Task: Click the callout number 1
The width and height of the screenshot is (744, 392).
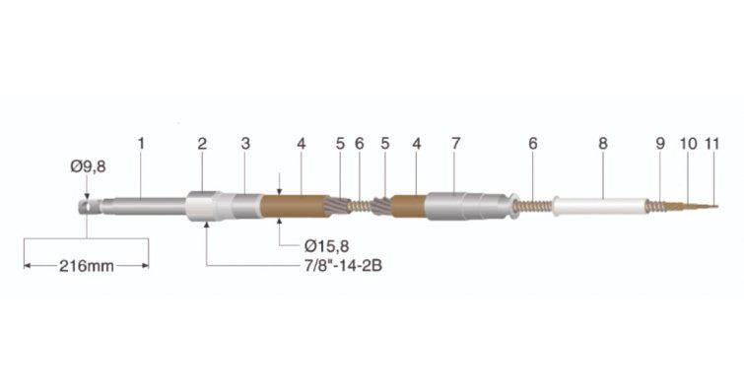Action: (x=141, y=144)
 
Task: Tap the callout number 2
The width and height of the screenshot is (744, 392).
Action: (x=202, y=144)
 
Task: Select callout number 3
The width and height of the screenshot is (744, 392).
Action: (x=245, y=144)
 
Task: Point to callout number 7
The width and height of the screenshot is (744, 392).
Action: (x=456, y=144)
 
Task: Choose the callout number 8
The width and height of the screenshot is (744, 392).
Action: (x=603, y=144)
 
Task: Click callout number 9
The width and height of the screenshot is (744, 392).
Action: (x=660, y=144)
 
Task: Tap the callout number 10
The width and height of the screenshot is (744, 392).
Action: (x=689, y=144)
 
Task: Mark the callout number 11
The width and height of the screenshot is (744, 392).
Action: (x=712, y=144)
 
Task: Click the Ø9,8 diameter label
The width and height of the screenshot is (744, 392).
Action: (x=89, y=166)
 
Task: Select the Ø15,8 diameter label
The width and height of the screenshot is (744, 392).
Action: (x=326, y=246)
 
